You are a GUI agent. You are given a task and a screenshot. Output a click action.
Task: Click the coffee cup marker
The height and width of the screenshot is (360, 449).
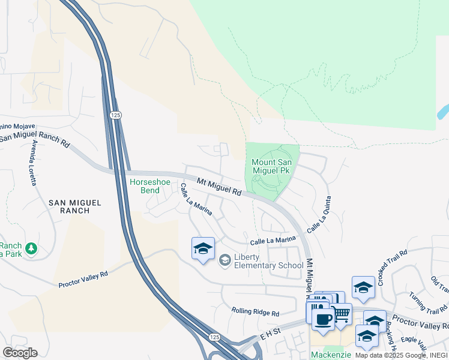[x=323, y=319]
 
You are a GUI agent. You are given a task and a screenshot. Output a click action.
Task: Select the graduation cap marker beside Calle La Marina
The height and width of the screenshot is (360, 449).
[x=203, y=248]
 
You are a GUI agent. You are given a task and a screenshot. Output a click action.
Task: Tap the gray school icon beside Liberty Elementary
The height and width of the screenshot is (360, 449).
[x=225, y=259]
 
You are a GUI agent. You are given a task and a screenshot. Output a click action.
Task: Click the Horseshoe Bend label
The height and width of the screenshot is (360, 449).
[x=145, y=186]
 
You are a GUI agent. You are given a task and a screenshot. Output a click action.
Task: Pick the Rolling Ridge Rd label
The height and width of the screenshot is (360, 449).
[x=256, y=313]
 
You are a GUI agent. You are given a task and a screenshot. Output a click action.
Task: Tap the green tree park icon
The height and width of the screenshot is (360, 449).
[x=31, y=248]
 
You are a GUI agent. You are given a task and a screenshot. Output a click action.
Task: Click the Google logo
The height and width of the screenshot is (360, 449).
[x=19, y=352]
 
